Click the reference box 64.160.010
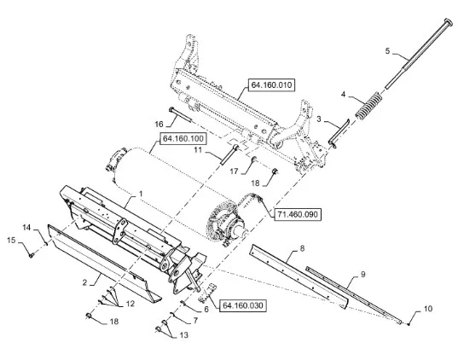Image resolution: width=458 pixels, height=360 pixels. [x=271, y=85]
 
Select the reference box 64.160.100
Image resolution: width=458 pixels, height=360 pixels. [x=183, y=138]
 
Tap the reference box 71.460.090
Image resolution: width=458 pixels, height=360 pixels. [x=298, y=214]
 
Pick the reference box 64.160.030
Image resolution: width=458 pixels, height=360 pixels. [x=243, y=305]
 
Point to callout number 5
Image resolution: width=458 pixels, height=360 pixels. [x=387, y=51]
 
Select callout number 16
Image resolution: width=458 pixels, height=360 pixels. [x=159, y=125]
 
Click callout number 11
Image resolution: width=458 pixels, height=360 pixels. [x=199, y=150]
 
